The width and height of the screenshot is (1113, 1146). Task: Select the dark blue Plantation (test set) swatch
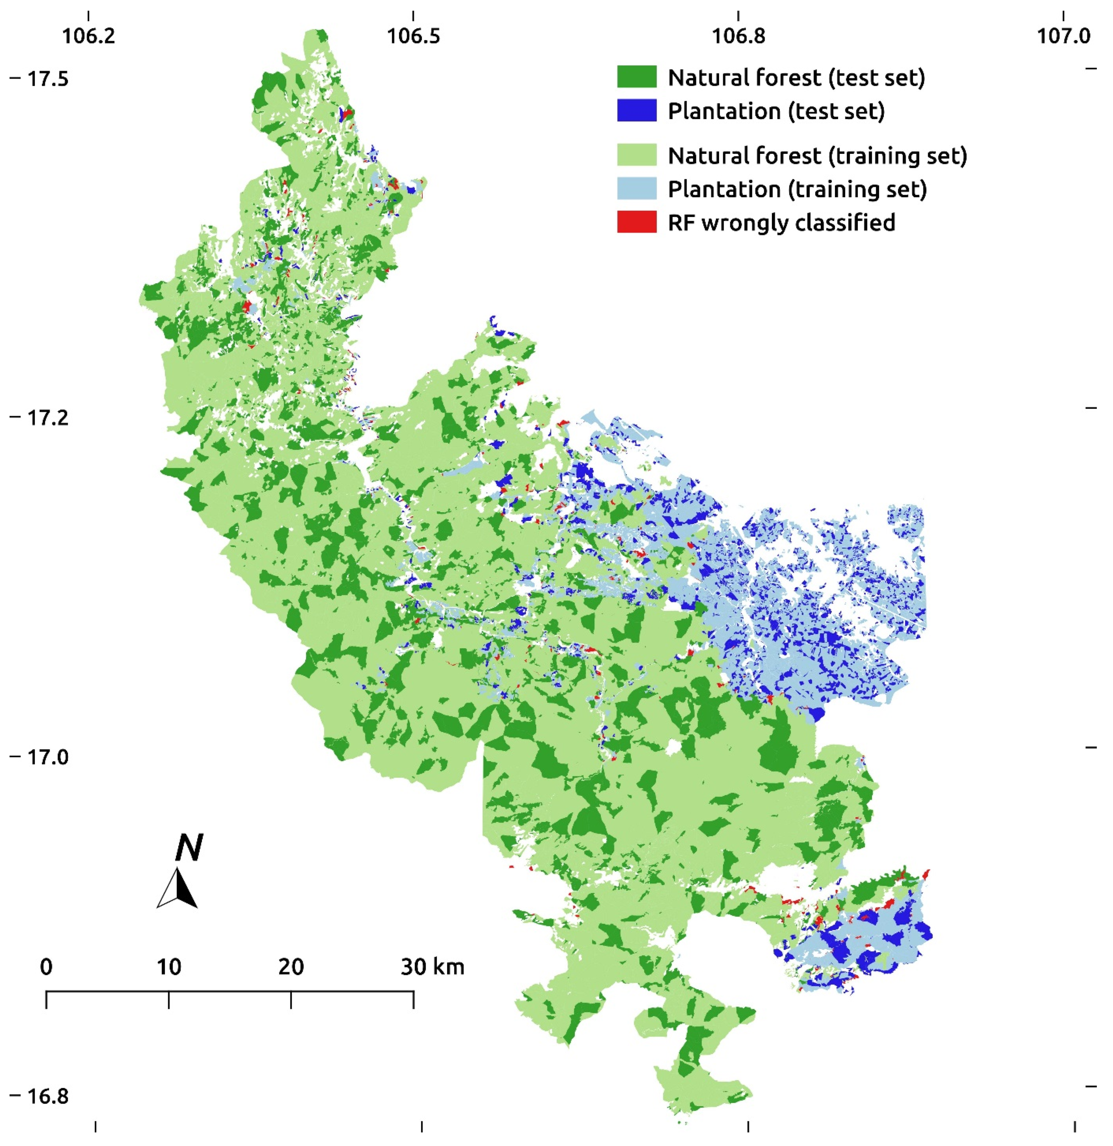(636, 110)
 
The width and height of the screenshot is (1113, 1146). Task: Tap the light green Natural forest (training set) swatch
(636, 155)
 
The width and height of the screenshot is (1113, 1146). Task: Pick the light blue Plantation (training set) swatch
(636, 189)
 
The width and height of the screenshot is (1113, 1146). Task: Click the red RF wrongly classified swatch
(636, 222)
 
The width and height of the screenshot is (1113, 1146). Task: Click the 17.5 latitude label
(48, 78)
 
